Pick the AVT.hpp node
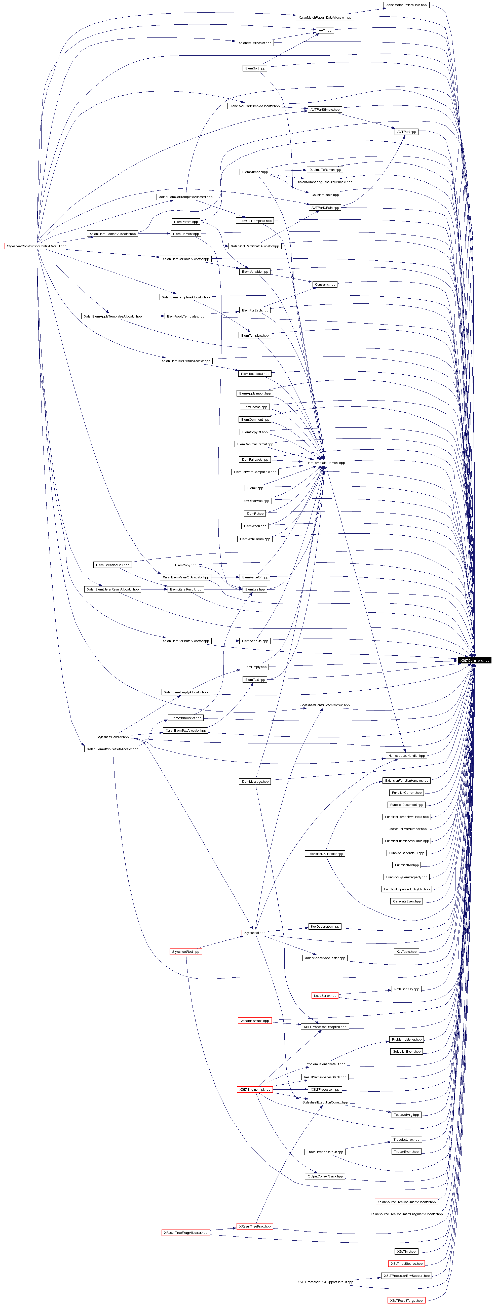pos(325,30)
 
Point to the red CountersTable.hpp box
pos(325,194)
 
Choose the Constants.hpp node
pos(325,284)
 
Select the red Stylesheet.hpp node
pos(254,933)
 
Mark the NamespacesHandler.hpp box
pos(406,755)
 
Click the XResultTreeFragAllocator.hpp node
pos(185,1233)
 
